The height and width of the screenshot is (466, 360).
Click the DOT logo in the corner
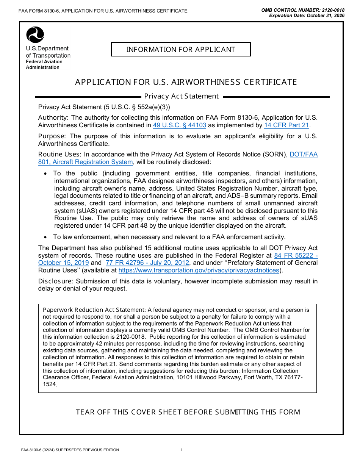(35, 35)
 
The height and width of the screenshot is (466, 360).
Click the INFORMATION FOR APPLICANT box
(181, 50)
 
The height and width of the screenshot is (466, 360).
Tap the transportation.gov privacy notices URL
(199, 271)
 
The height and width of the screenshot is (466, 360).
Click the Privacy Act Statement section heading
(181, 96)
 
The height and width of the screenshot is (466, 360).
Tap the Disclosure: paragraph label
(56, 281)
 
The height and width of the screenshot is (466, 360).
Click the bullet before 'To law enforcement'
(45, 237)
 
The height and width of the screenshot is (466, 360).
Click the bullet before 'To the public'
(45, 174)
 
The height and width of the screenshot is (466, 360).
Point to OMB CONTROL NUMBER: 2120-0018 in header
(303, 10)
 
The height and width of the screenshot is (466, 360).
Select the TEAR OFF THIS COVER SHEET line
(188, 412)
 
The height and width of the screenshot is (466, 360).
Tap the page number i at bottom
(182, 450)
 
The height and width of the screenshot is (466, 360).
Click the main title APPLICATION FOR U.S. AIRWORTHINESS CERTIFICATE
(186, 82)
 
